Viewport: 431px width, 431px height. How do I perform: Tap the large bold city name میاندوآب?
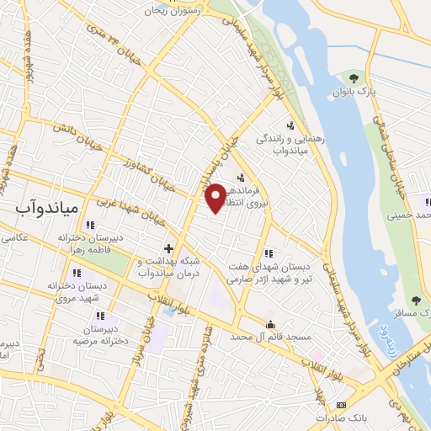[x=47, y=206]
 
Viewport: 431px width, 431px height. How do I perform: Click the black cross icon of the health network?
[x=168, y=248]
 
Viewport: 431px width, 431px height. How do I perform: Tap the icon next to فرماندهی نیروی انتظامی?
[x=242, y=178]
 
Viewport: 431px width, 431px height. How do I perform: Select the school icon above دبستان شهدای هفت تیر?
[x=269, y=253]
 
